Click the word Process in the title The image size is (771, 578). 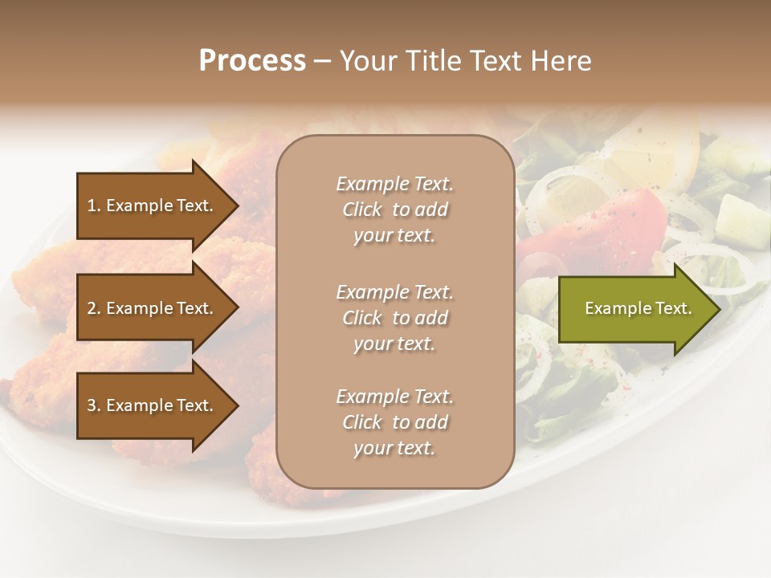click(x=252, y=60)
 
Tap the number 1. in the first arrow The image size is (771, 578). click(x=94, y=206)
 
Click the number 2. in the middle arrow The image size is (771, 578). click(x=94, y=308)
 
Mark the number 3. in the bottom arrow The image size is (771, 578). click(x=94, y=405)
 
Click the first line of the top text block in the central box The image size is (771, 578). click(x=394, y=184)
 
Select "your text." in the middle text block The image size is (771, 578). click(x=394, y=344)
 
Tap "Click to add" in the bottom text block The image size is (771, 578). click(x=394, y=422)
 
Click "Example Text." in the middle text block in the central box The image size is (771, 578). click(x=394, y=292)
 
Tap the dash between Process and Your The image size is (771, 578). click(x=323, y=61)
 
